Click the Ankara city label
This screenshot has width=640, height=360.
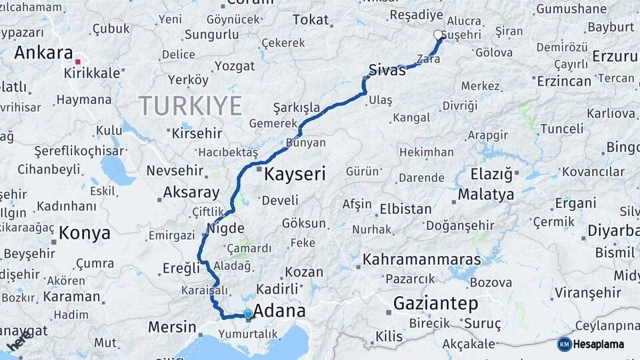coord(43,52)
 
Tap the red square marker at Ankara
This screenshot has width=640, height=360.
coord(77,62)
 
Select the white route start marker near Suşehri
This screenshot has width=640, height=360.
coord(438,35)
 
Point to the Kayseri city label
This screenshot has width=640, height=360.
coord(295,175)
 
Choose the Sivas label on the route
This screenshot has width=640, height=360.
coord(387,69)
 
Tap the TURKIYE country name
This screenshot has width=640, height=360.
coord(190,105)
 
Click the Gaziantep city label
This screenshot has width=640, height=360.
coord(435,303)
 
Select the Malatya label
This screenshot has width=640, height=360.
coord(486,195)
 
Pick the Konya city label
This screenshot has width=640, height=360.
coord(84,233)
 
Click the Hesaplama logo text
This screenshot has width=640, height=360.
coord(599,344)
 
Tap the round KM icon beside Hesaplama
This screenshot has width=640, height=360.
coord(565,344)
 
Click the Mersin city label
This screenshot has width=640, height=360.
coord(172,327)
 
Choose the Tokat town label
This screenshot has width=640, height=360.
coord(311,20)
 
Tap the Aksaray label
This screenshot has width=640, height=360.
coord(191,193)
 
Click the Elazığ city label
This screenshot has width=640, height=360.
coord(493,175)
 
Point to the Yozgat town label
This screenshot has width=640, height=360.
coord(235,65)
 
